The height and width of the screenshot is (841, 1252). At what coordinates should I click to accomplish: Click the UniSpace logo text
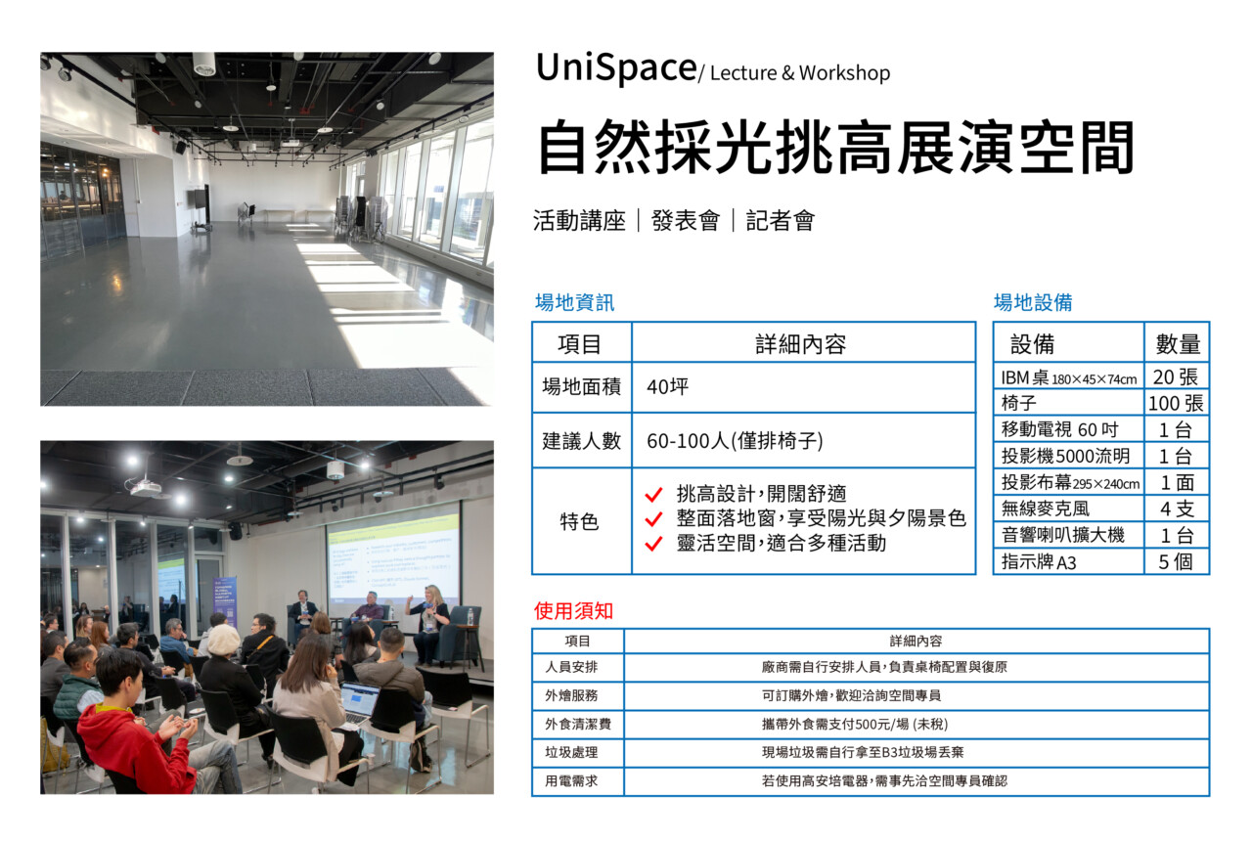(616, 69)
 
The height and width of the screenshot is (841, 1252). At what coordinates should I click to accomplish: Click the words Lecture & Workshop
(800, 73)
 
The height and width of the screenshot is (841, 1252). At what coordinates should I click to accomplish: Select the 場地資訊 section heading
(574, 302)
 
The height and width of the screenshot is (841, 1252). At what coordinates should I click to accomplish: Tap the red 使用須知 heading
(573, 611)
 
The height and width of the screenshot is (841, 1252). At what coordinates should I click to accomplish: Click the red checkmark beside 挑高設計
(653, 494)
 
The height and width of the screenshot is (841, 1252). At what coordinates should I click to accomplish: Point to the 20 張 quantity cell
(1175, 377)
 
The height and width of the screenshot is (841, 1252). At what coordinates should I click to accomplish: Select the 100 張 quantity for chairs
(1176, 403)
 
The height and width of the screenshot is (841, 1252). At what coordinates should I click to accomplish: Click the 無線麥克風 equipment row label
(1046, 509)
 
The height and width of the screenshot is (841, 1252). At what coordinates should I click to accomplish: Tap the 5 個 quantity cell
(1176, 561)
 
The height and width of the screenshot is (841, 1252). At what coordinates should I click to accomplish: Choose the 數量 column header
(1178, 343)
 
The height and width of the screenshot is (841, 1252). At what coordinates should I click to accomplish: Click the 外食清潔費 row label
(578, 725)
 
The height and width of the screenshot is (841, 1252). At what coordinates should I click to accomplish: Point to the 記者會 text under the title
(781, 221)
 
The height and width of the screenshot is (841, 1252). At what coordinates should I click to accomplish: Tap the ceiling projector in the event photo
(146, 487)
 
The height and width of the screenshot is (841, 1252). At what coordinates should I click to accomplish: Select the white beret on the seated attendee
(223, 639)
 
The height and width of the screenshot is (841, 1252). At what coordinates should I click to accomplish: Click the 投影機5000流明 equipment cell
(1065, 456)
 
